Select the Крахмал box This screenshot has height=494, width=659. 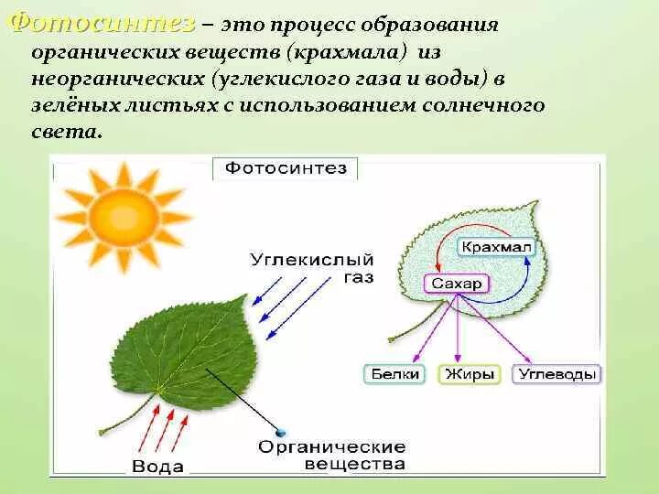tap(495, 247)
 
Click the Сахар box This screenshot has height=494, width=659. tap(456, 284)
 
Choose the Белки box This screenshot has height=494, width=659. tap(395, 374)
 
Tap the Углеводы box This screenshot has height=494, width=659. tap(556, 374)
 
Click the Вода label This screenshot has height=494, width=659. tap(157, 467)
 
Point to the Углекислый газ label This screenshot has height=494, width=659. tap(311, 268)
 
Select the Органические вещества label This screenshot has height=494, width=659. tap(331, 456)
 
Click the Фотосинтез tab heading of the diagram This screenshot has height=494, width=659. tap(286, 167)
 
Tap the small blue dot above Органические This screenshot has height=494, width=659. tap(280, 432)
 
